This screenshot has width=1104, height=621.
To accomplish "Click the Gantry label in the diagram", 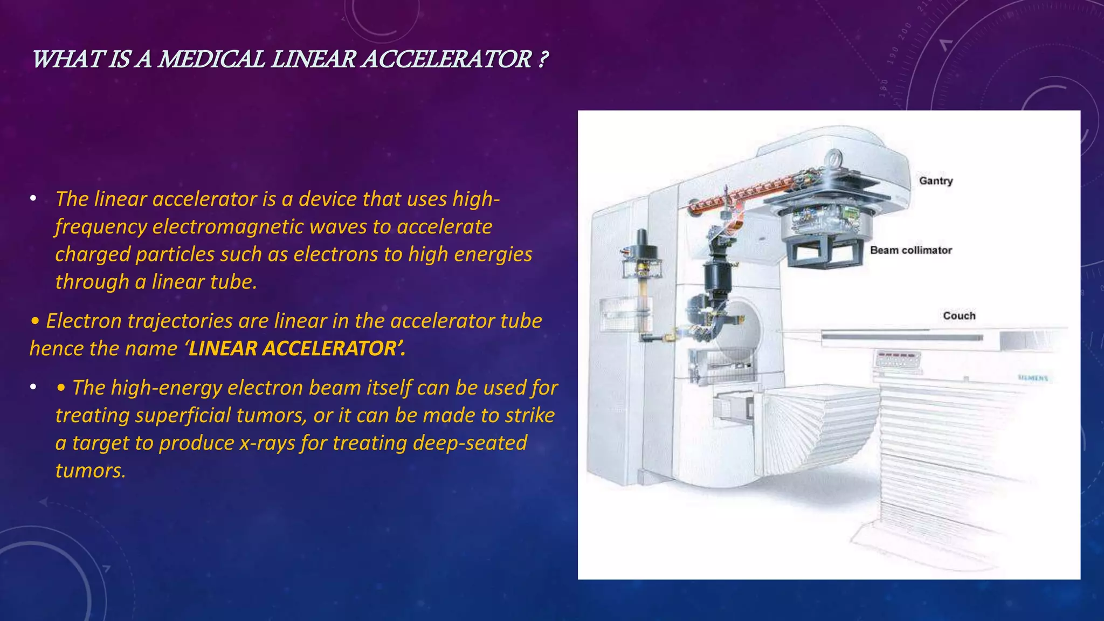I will pos(936,181).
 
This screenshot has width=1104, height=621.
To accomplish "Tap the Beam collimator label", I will pos(911,250).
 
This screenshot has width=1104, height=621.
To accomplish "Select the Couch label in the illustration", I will pos(959,316).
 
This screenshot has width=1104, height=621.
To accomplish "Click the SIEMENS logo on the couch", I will pos(1033,378).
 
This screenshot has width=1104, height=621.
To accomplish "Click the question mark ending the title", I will pos(543,59).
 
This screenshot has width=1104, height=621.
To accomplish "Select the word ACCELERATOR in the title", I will pos(447,59).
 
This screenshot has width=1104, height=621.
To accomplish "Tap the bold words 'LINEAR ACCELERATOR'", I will pos(293,349).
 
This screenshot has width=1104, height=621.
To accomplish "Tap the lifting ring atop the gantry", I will pos(834,158).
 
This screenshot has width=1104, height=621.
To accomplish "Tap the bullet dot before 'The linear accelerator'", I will pos(33,199).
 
